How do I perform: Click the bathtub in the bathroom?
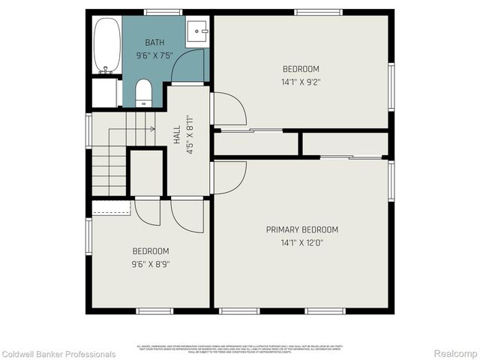(107, 45)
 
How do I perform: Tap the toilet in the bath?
(143, 94)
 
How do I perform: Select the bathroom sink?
(197, 33)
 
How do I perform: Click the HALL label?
(177, 134)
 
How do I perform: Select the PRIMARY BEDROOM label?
(302, 229)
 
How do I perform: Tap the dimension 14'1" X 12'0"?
(302, 242)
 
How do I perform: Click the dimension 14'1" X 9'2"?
(301, 82)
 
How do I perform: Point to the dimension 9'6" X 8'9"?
(151, 263)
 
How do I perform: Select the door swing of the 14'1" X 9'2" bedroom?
(229, 109)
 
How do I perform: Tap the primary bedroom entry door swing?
(229, 178)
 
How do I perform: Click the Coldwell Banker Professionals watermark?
(58, 354)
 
